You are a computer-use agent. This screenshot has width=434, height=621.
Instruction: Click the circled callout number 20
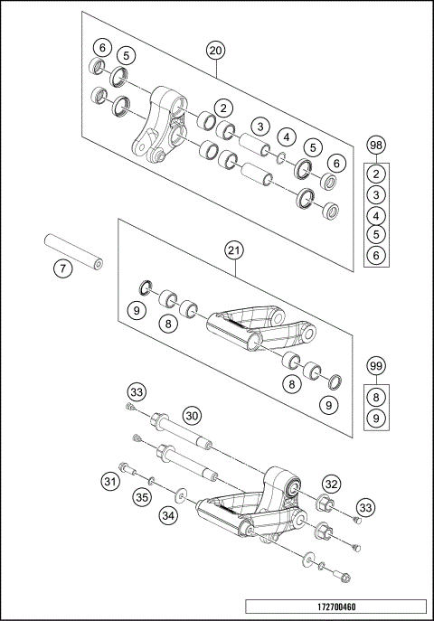click(214, 51)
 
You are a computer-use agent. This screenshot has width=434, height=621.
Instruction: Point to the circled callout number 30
click(191, 415)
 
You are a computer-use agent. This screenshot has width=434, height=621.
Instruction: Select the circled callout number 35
click(141, 496)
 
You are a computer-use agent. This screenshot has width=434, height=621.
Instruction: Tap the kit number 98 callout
click(377, 146)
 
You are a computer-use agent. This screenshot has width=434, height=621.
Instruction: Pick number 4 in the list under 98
click(377, 216)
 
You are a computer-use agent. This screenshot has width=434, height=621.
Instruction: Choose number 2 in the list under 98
click(377, 174)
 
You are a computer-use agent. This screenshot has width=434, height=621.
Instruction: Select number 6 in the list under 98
click(377, 257)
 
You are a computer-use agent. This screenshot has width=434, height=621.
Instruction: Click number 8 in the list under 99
click(377, 395)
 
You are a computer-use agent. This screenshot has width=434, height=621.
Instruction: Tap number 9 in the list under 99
click(377, 417)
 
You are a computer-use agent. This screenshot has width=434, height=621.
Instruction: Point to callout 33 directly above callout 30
click(137, 392)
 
